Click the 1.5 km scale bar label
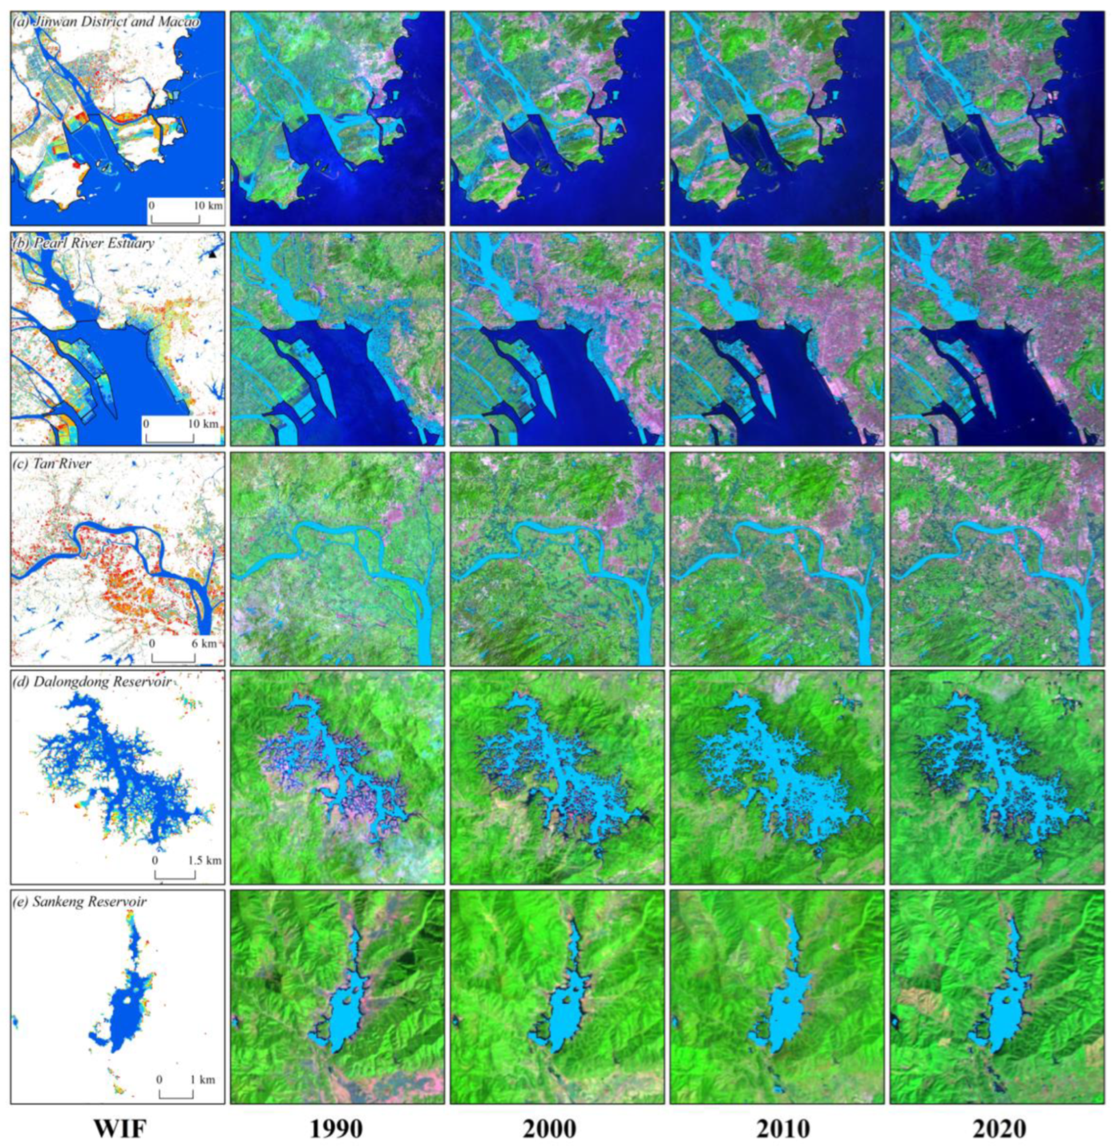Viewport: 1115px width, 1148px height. tap(205, 861)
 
